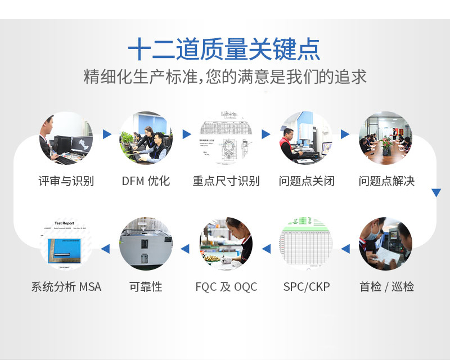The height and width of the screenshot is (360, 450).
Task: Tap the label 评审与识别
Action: (66, 181)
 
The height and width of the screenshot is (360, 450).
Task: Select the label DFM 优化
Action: (146, 181)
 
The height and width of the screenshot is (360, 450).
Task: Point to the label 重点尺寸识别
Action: (226, 181)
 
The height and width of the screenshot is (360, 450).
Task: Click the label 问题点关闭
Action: (307, 181)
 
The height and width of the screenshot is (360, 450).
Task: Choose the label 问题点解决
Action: (386, 181)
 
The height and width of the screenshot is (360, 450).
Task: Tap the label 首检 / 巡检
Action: (386, 287)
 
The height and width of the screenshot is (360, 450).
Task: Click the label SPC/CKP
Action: (307, 287)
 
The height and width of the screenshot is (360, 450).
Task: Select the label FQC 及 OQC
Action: (226, 287)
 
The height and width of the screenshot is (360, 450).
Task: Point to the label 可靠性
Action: (146, 287)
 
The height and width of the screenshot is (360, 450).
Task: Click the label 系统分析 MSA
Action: (66, 287)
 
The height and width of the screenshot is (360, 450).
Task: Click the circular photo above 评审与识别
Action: (66, 138)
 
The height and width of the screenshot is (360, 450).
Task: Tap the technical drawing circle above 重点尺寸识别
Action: (226, 138)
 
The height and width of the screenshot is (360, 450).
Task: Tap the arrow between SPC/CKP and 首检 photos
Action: (345, 248)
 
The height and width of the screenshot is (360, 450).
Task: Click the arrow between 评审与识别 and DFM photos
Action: (107, 134)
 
